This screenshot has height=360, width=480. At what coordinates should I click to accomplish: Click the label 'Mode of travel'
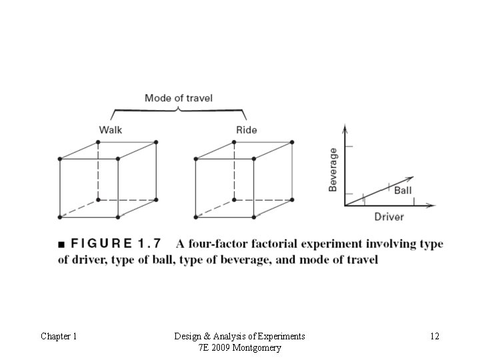coord(179,98)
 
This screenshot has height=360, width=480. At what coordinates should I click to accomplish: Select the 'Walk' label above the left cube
coord(111,129)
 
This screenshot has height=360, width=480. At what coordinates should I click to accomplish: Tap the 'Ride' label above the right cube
coord(247,129)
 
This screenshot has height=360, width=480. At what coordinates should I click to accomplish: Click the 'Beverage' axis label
coord(333,169)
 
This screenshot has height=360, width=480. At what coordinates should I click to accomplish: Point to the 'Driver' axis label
coord(389,217)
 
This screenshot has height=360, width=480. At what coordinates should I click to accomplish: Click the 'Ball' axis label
coord(403,191)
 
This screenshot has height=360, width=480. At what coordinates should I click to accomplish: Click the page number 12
coord(434,337)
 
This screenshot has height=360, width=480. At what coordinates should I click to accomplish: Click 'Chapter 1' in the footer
coord(59,337)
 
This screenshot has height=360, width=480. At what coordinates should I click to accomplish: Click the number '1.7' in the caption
coord(161,244)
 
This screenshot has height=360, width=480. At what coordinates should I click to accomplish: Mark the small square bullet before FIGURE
coord(61,244)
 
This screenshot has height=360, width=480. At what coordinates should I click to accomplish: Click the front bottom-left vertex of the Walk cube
coord(60,217)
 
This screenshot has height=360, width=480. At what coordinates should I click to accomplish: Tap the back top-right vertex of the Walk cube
coord(156,142)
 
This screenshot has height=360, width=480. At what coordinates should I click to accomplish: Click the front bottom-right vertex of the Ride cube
coord(254,217)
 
